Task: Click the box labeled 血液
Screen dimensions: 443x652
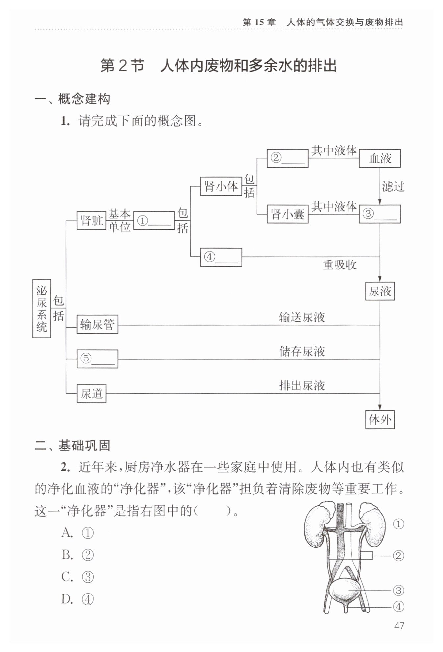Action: pos(379,158)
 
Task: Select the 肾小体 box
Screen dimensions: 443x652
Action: pos(221,186)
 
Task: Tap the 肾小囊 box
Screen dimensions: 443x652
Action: pos(287,214)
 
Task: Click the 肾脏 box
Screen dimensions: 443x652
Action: pos(91,220)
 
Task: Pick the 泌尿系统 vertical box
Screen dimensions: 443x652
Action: pos(41,308)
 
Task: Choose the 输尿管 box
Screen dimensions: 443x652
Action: pos(97,325)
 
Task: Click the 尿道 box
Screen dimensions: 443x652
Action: pos(91,393)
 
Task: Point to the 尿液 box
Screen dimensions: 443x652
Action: pos(380,291)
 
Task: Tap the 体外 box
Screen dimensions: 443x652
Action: pos(380,420)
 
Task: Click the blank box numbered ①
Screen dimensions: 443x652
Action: pos(154,221)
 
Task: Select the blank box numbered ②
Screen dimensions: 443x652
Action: pos(287,158)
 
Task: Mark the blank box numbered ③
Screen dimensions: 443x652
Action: pos(379,214)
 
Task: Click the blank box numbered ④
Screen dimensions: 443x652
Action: pos(221,257)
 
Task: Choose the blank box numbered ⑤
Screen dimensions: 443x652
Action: pos(97,359)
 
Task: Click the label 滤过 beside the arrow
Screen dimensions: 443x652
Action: pos(393,187)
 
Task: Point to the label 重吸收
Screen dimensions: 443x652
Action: pos(340,265)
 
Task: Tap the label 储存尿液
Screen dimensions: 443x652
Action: pos(302,351)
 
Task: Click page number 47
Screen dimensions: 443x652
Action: pos(399,626)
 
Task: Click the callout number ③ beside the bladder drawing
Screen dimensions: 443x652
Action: pos(398,591)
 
